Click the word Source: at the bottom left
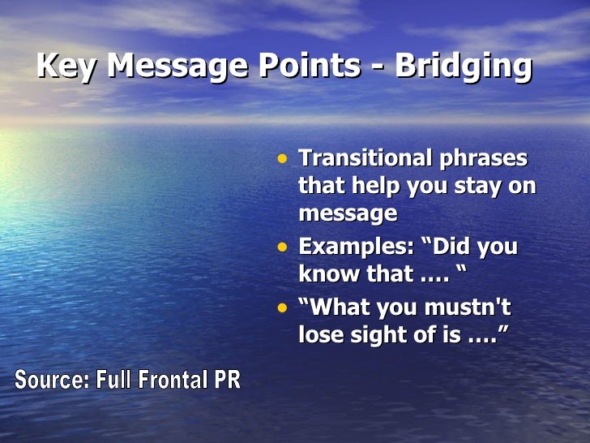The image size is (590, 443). (52, 380)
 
